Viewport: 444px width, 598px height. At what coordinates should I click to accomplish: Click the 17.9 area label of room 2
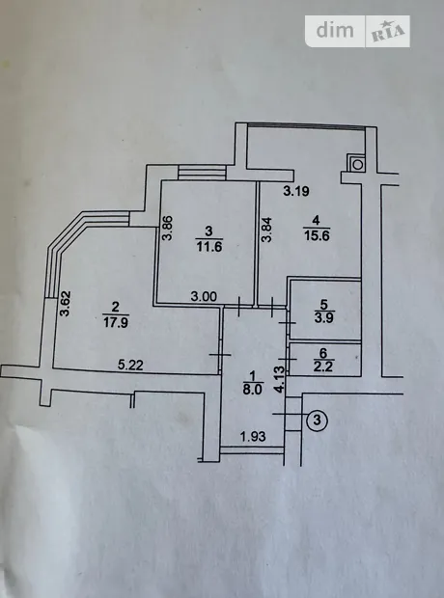coord(116,323)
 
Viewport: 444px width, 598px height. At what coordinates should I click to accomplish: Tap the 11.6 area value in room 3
coord(209,247)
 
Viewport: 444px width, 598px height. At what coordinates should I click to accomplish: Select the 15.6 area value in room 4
coord(317,235)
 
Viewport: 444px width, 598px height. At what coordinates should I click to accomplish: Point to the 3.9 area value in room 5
coord(323,317)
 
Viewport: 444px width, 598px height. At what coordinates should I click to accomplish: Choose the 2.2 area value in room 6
coord(323,367)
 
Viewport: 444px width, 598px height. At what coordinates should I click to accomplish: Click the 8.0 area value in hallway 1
coord(253,390)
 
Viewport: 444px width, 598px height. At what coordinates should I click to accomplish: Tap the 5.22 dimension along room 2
coord(130,365)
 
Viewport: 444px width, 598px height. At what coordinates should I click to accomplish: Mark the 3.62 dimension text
coord(66,304)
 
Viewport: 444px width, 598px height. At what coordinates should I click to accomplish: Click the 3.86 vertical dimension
coord(168,228)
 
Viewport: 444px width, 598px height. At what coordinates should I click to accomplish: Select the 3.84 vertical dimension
coord(266,230)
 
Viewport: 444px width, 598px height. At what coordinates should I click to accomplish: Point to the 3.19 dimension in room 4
coord(296,191)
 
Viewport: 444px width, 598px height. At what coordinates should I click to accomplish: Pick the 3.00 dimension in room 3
coord(204,296)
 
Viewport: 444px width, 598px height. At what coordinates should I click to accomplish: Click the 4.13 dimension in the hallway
coord(280,379)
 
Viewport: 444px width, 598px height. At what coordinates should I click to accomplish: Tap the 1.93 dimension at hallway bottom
coord(253,436)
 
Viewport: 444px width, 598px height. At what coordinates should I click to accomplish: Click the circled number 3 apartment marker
coord(317,421)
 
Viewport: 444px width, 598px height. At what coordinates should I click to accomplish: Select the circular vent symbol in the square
coord(357,164)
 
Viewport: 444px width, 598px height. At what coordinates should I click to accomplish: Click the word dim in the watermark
coord(335,30)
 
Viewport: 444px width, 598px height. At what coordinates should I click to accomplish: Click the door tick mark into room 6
coord(288,359)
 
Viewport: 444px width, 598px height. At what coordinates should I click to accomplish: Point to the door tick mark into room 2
coord(220,355)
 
